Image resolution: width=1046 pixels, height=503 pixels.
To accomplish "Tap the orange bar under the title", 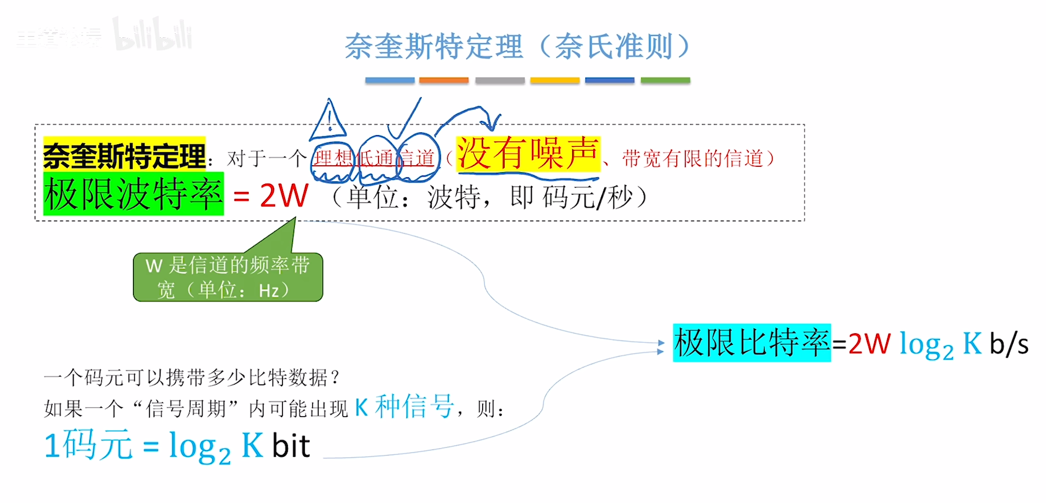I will coord(443,80).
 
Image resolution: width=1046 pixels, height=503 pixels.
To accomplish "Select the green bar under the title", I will coord(665,80).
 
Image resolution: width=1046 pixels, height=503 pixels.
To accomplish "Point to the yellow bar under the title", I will coord(555,80).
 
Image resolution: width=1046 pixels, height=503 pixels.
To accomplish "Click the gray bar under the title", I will coord(500,80).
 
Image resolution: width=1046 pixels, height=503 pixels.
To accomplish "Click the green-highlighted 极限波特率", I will coord(133,194).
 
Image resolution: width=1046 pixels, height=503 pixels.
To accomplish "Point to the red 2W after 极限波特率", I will coord(284,195).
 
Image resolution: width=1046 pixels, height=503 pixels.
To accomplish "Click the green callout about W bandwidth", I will coord(228,277).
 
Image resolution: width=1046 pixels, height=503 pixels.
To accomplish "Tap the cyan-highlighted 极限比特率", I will coord(751,343).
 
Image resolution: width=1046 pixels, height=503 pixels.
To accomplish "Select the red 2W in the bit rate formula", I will coord(869,344).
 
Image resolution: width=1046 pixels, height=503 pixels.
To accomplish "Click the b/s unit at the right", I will coord(1009,344).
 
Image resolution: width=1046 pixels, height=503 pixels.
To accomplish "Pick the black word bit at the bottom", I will coord(291,446).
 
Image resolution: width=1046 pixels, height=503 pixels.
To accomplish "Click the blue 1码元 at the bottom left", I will coord(88,445).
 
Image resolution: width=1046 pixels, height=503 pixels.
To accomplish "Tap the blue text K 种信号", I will coord(404,406).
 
